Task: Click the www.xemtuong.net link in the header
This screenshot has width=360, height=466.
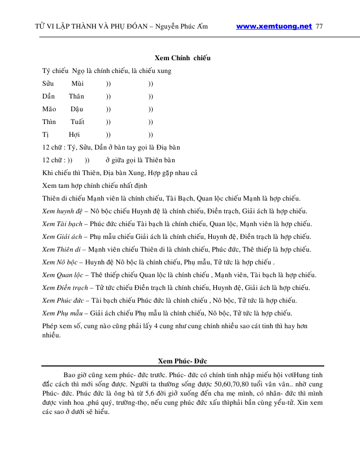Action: (274, 27)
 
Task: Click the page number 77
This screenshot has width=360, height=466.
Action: (320, 27)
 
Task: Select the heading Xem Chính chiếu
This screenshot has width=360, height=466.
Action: (182, 58)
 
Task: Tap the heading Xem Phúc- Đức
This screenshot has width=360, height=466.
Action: (182, 361)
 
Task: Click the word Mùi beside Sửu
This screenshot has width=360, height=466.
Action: (78, 83)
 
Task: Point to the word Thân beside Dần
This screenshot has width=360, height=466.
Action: (77, 96)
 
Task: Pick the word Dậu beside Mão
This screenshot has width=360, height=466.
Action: (77, 109)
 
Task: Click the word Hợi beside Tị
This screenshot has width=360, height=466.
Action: (75, 134)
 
